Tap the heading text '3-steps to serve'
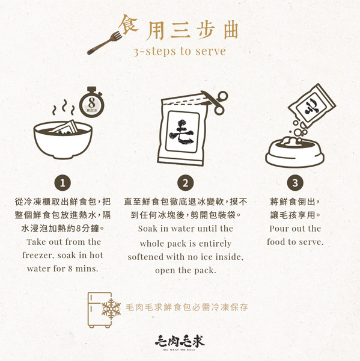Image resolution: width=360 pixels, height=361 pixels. [x=179, y=51]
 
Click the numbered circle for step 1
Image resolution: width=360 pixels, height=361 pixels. [x=63, y=183]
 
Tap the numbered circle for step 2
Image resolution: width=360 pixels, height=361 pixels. [x=186, y=183]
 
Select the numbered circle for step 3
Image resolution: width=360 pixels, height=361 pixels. [x=294, y=183]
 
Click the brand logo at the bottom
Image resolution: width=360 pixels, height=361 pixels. [x=180, y=341]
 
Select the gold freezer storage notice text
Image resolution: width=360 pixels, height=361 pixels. [x=188, y=307]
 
